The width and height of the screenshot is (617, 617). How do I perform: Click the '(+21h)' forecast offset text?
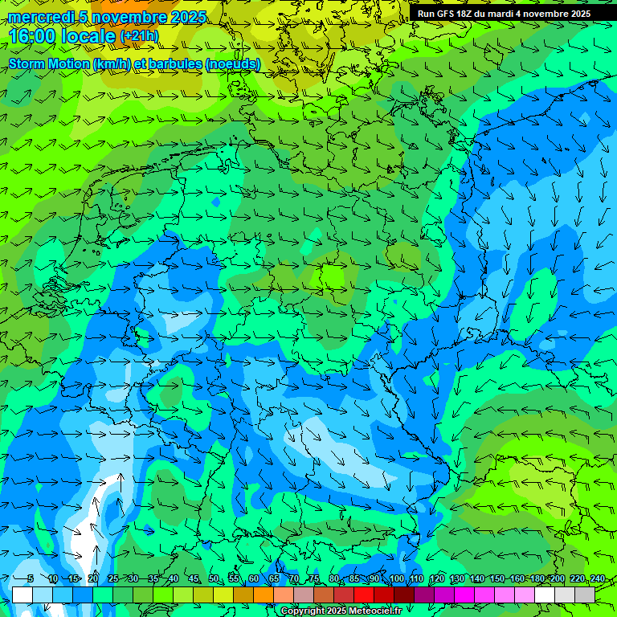pos(139,36)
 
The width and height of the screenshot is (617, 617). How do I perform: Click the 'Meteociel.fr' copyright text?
pos(374,611)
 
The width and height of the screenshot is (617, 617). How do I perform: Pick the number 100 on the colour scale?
pos(395,579)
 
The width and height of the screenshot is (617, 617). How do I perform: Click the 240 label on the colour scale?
pos(598,579)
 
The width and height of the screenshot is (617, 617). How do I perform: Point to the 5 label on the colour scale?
pos(31,579)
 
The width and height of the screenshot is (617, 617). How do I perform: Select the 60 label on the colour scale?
pos(254,579)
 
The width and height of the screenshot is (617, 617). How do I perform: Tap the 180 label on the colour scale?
pos(537,579)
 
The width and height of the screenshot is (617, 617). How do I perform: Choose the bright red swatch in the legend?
pos(364,595)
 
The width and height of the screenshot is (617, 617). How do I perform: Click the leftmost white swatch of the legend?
pos(22,595)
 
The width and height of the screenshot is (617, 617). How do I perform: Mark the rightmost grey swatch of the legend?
pos(585,595)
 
